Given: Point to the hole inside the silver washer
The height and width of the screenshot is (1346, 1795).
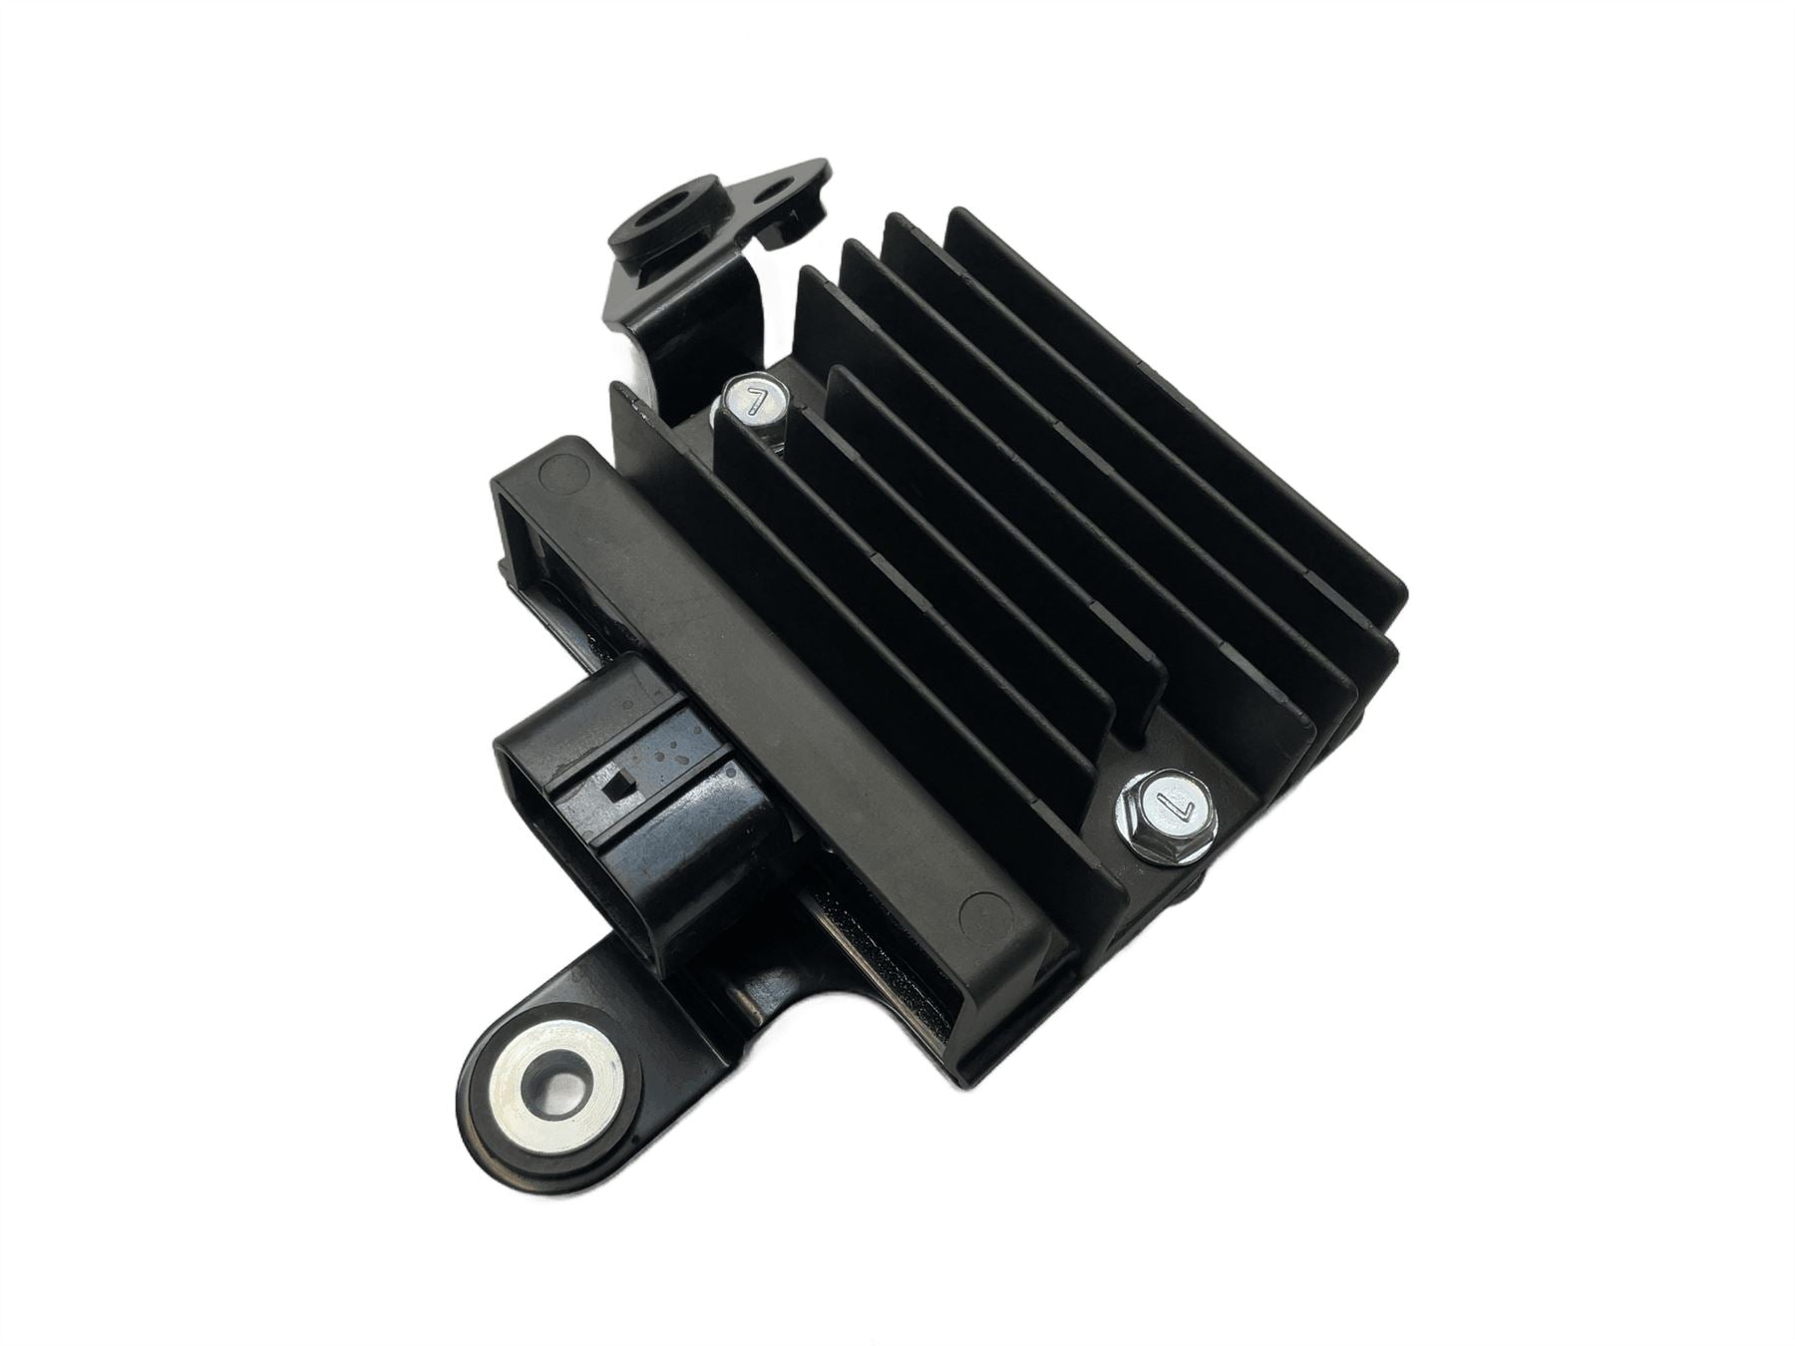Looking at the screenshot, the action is [551, 1075].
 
